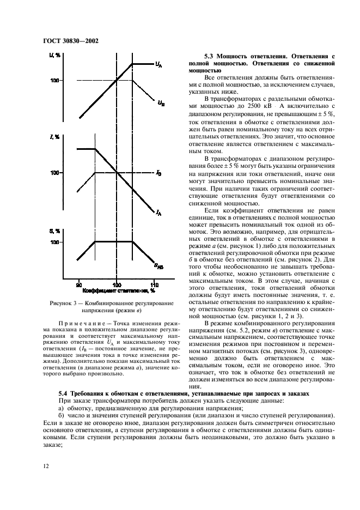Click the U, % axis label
(x=54, y=56)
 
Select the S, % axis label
(x=54, y=230)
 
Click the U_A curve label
(x=158, y=65)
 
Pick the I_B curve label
(x=158, y=173)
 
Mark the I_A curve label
(x=158, y=213)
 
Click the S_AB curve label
(x=158, y=266)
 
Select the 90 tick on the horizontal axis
(x=79, y=284)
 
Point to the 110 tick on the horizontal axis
(x=154, y=284)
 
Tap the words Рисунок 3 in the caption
(x=60, y=303)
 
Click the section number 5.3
(x=210, y=56)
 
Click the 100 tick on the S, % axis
(x=54, y=242)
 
